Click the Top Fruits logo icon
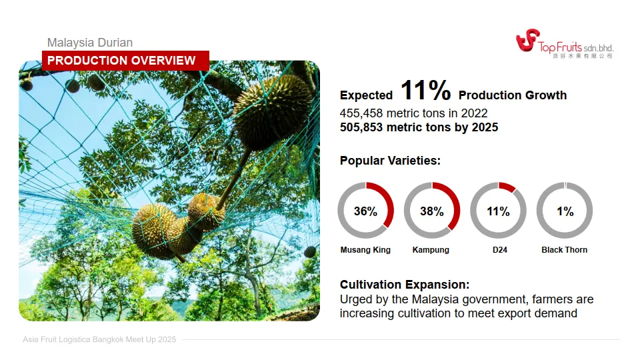tap(527, 40)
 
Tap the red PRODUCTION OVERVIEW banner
tap(126, 61)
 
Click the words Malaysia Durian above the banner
tap(90, 43)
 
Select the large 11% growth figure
tap(426, 90)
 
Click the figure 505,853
tap(361, 127)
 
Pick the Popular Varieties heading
tap(390, 161)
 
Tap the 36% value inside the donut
tap(365, 211)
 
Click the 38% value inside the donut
tap(432, 211)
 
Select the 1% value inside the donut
tap(565, 211)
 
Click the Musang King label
tap(365, 250)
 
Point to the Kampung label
tap(431, 250)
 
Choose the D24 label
tap(499, 250)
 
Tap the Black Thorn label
tap(565, 250)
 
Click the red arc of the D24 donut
tap(507, 187)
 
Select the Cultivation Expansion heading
tap(405, 285)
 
